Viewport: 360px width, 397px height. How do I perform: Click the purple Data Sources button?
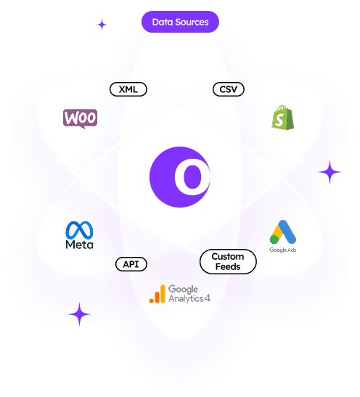coord(180,22)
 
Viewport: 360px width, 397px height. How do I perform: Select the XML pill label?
coord(128,89)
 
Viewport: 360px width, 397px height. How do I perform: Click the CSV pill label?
coord(229,89)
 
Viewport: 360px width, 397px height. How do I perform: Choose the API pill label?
coord(131,264)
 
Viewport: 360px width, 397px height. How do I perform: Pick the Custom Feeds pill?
coord(228,261)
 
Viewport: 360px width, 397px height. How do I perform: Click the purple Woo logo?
coord(80,118)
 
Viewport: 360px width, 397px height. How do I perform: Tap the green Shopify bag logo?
coord(283,118)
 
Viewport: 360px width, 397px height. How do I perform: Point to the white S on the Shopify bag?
coord(279,120)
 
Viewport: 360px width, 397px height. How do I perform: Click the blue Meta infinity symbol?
coord(79,230)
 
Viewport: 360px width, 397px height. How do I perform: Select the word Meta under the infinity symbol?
coord(79,245)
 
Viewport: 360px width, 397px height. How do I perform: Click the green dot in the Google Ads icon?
coord(274,240)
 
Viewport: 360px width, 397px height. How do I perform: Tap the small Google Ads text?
coord(283,250)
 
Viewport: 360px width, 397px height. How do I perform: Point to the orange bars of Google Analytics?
coord(157,294)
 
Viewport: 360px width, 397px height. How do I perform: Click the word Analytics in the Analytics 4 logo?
coord(186,299)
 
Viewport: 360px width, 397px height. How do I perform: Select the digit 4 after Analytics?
coord(208,298)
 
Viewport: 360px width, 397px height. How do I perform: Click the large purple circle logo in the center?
coord(180,177)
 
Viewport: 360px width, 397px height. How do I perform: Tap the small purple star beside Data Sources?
coord(102,25)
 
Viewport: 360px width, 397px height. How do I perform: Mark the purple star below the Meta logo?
coord(79,314)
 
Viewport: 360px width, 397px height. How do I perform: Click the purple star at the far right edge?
coord(330,172)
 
